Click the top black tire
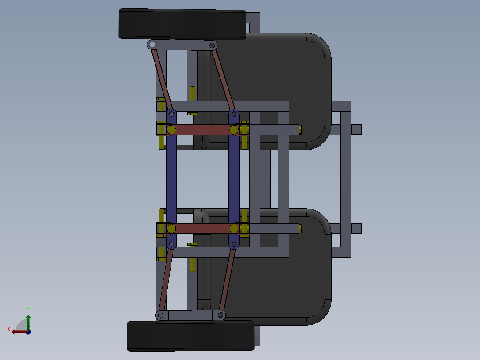click(183, 24)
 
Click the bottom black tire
click(191, 336)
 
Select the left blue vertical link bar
click(171, 178)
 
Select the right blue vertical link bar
click(234, 178)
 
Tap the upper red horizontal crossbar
click(203, 129)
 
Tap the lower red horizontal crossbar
click(203, 229)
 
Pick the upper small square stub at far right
click(356, 130)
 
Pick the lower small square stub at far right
click(356, 229)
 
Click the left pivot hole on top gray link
click(152, 45)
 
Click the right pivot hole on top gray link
click(212, 45)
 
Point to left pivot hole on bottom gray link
click(161, 315)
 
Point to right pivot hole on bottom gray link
click(220, 315)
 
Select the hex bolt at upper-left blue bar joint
click(171, 129)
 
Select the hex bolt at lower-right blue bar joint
click(234, 229)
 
